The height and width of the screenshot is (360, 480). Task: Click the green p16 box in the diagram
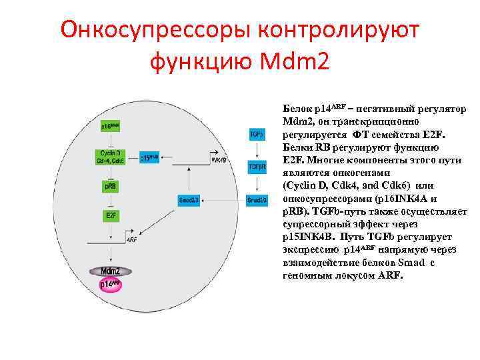(x=109, y=126)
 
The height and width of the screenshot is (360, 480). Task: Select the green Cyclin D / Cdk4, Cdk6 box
(x=109, y=157)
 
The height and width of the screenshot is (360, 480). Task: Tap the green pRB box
(x=109, y=187)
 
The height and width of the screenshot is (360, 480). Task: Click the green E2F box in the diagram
(x=109, y=215)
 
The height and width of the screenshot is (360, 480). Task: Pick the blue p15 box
(x=150, y=159)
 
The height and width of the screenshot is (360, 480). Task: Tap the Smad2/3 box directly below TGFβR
(x=257, y=199)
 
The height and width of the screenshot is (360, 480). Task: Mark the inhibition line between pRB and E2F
(x=109, y=201)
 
